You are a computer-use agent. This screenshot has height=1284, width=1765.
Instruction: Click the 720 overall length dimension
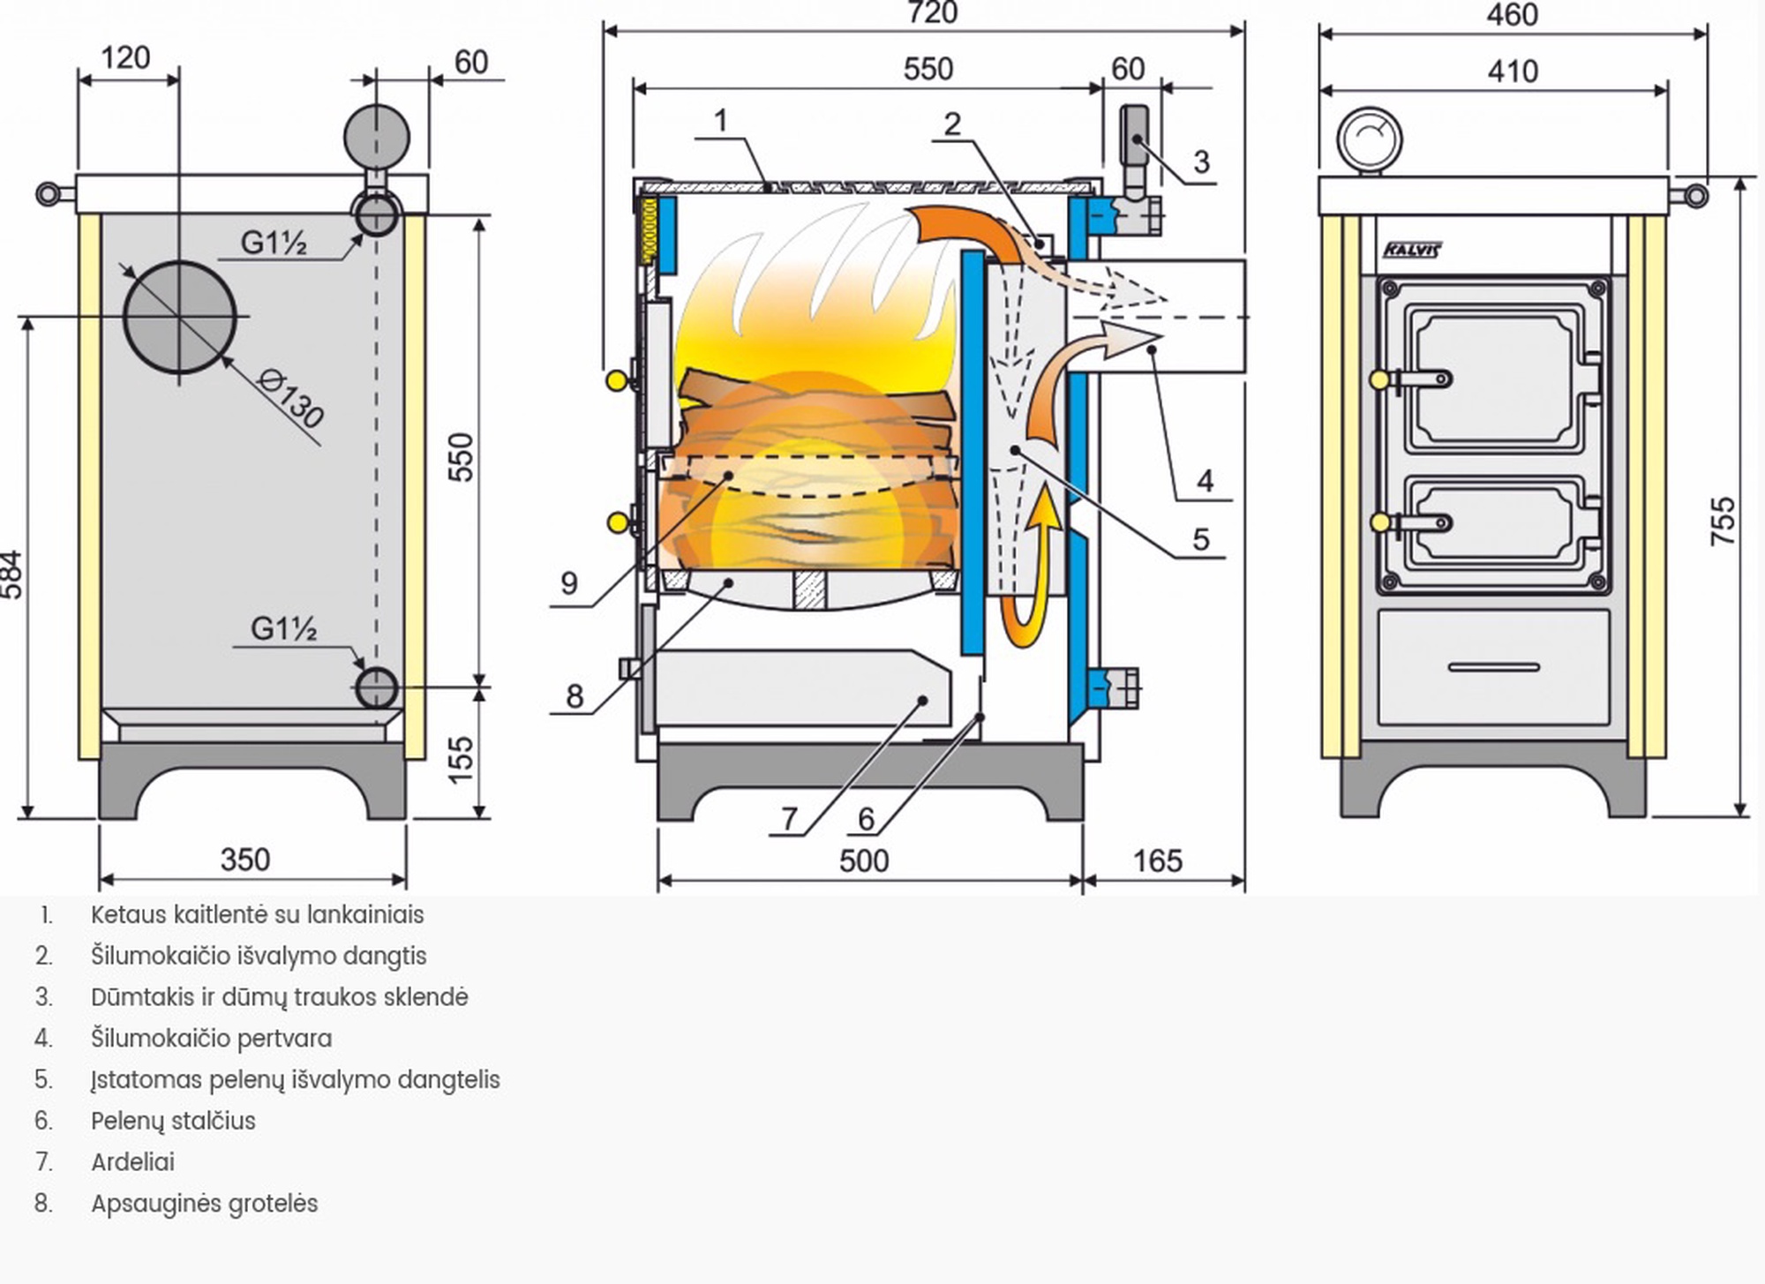(932, 13)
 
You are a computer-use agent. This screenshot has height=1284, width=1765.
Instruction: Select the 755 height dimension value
(1722, 521)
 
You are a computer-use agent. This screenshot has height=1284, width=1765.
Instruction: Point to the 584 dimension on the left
(11, 574)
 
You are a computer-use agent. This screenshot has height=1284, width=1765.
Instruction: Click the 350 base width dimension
(244, 860)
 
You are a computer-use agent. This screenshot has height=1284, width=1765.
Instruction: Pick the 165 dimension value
(1157, 860)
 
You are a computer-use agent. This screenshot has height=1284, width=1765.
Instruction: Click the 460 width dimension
(1512, 15)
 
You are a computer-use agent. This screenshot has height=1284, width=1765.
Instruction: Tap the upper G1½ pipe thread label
(273, 243)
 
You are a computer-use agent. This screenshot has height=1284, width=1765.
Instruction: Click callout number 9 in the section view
(569, 583)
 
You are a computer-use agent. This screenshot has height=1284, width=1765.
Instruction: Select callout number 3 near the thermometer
(1200, 162)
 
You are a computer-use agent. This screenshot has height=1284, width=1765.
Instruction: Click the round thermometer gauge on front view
(1369, 139)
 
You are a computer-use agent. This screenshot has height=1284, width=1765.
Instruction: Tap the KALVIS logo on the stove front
(1411, 250)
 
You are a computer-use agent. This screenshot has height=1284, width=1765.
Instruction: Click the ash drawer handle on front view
(1493, 667)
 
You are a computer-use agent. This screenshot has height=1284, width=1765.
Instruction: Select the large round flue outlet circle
(180, 317)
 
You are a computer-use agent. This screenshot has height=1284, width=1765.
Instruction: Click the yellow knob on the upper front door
(1379, 379)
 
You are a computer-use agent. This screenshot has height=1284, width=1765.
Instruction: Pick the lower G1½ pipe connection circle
(377, 688)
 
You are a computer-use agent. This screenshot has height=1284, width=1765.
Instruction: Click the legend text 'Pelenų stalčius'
(173, 1121)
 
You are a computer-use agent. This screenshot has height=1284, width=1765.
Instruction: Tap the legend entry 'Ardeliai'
(132, 1162)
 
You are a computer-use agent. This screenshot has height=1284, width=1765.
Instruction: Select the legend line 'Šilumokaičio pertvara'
(211, 1039)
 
